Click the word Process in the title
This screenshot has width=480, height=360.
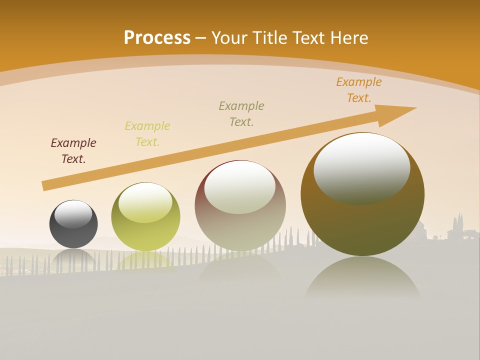[x=157, y=38]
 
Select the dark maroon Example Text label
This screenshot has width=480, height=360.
[x=73, y=151]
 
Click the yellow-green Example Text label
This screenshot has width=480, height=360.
[x=147, y=134]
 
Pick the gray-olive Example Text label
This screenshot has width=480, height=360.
[x=241, y=114]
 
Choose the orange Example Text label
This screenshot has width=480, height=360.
[x=358, y=90]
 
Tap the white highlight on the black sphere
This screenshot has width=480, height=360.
[x=73, y=214]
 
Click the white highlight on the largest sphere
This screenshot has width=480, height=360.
[x=362, y=167]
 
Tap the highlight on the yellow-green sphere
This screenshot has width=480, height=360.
[x=145, y=202]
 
